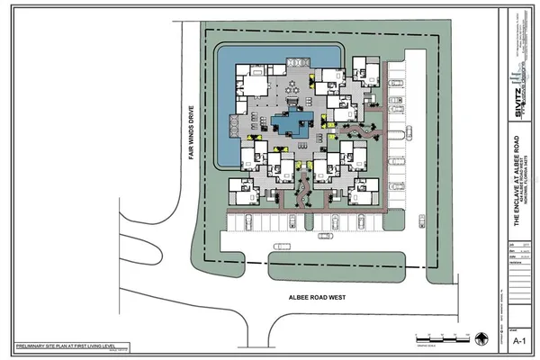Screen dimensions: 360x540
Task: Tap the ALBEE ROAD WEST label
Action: coord(312,296)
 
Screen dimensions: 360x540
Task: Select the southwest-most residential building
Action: coord(243,191)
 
